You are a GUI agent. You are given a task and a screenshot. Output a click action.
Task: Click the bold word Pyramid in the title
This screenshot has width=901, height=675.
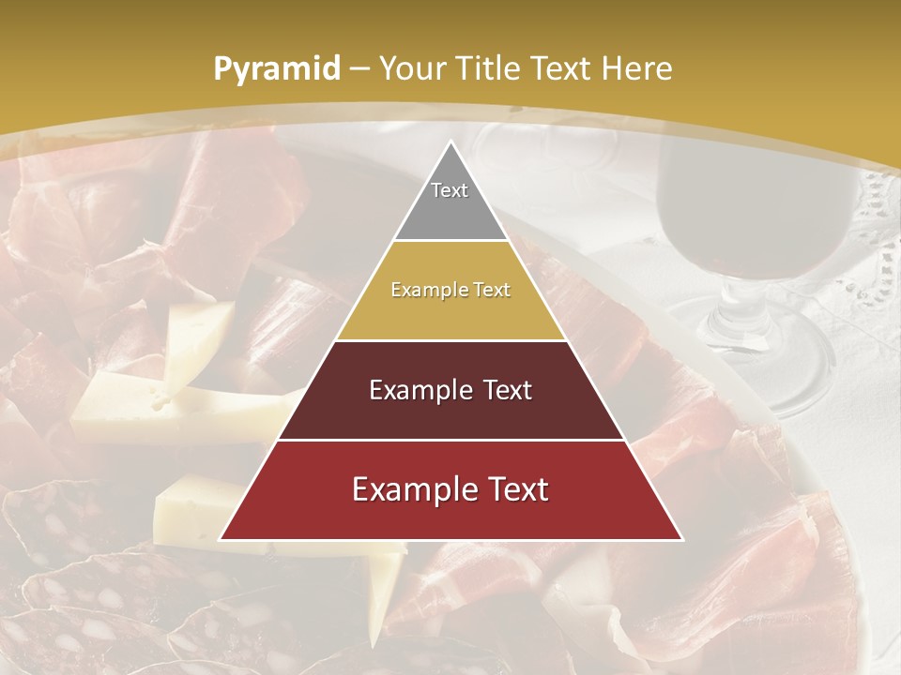pos(277,68)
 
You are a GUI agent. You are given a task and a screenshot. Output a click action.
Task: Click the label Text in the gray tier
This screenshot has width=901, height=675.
pos(450,190)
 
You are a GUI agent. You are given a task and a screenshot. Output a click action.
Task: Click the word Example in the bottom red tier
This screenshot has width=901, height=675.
pos(409,489)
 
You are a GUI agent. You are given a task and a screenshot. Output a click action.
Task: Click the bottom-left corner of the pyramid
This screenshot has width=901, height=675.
pos(221,539)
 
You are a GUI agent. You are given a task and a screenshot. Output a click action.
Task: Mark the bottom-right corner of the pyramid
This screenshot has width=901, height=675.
pos(681,539)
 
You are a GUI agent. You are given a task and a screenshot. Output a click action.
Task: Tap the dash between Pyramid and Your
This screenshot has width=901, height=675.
pos(359,68)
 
